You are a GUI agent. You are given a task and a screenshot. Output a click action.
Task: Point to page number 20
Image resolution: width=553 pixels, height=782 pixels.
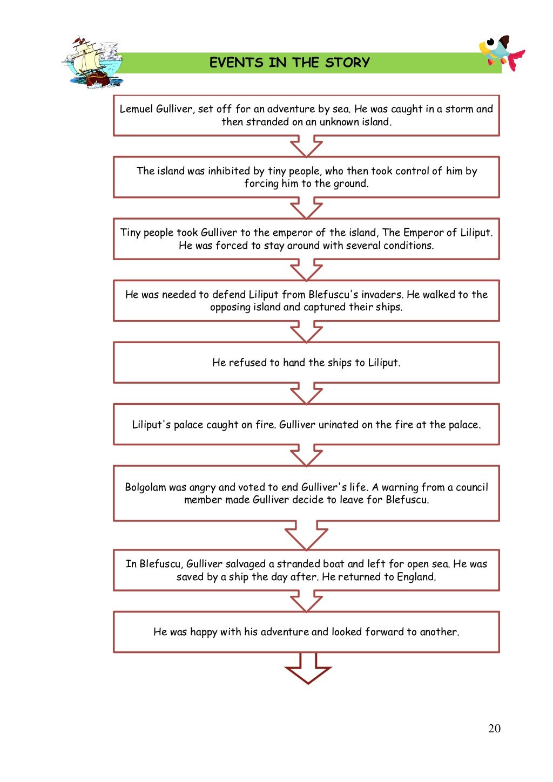494,729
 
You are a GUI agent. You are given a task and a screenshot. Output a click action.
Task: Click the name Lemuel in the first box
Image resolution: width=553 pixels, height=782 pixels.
136,109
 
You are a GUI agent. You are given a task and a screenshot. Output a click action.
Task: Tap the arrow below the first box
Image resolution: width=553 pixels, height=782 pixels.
306,147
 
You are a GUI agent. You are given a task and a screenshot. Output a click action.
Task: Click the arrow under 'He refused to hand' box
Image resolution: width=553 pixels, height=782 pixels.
306,394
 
